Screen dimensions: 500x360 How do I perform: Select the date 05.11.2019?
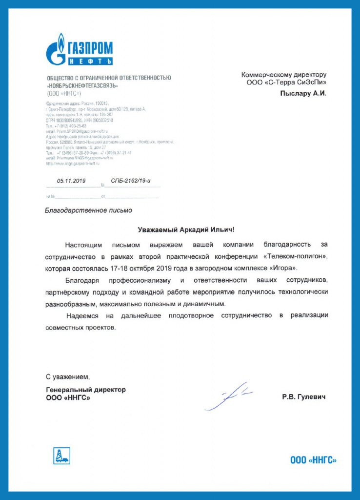tap(71, 181)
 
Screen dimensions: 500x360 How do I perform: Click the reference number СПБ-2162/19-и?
tap(131, 181)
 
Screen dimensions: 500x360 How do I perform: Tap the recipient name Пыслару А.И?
tap(302, 93)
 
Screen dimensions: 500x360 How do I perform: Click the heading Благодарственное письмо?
tap(88, 210)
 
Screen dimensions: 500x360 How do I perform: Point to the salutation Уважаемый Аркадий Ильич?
tap(186, 229)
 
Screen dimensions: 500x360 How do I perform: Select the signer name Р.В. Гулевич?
tap(303, 397)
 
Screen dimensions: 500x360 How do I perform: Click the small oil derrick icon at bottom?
tap(61, 456)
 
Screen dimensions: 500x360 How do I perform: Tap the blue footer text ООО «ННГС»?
tap(313, 460)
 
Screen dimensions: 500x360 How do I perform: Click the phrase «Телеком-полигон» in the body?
tap(298, 256)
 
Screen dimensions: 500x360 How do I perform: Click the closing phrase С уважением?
tap(68, 376)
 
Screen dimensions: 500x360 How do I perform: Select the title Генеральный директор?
tap(85, 390)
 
